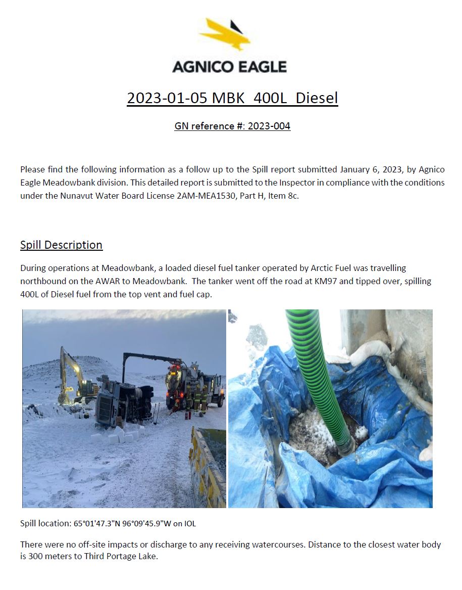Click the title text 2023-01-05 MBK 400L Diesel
tap(232, 98)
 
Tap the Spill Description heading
tap(61, 245)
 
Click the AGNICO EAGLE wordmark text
tap(229, 66)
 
